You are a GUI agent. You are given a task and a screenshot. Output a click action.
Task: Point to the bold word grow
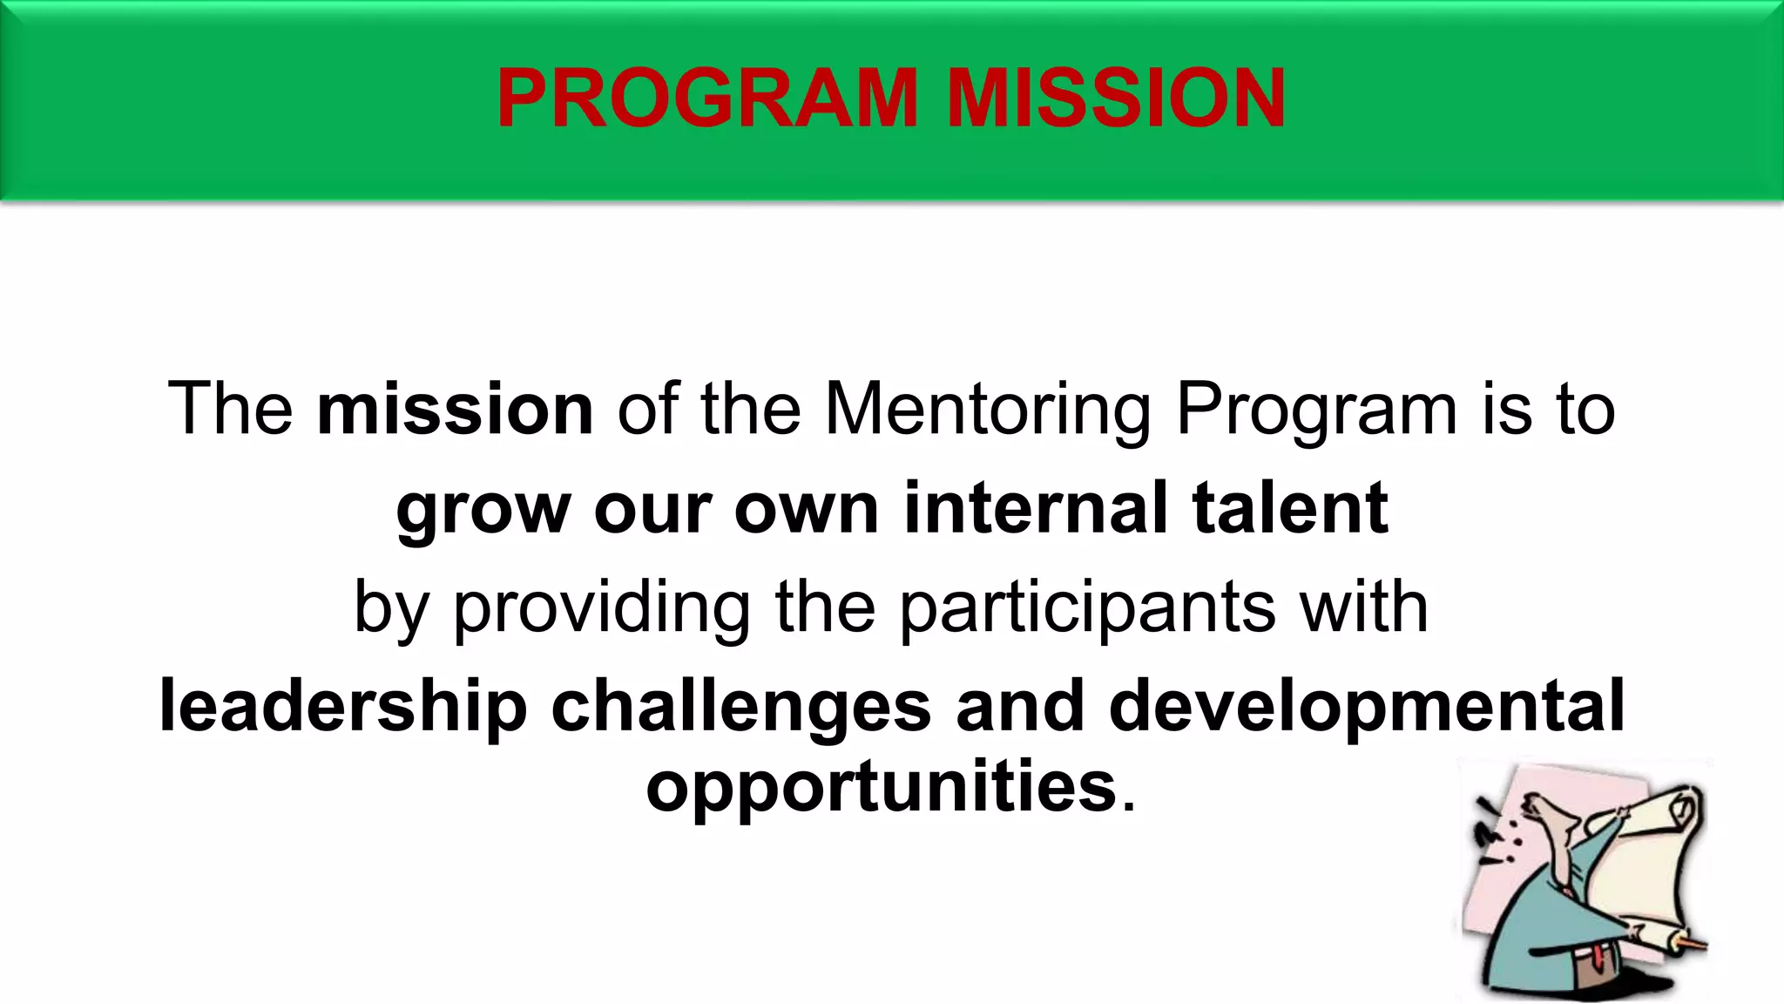click(483, 510)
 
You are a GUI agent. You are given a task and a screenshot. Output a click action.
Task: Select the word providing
click(601, 608)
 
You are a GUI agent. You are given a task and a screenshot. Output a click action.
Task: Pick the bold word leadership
click(343, 707)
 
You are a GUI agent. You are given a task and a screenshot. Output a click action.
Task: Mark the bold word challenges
click(741, 707)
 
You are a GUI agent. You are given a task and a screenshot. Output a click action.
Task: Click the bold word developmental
click(1366, 707)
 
